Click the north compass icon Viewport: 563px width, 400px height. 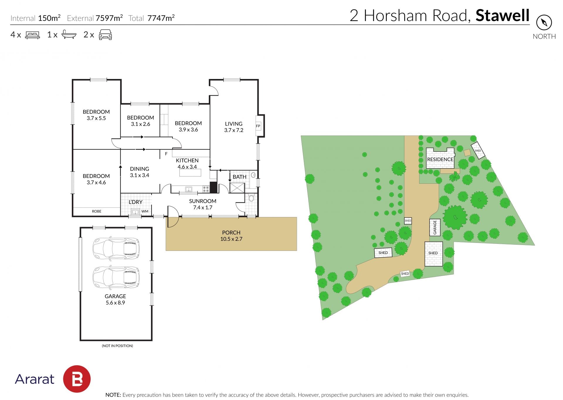[544, 23]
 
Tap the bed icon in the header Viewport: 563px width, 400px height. [33, 35]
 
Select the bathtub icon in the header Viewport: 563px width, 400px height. [69, 35]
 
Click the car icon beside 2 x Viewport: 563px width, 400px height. [105, 35]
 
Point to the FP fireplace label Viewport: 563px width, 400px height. [258, 126]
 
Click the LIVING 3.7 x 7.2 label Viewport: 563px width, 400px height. [234, 127]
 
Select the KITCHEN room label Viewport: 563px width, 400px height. [187, 160]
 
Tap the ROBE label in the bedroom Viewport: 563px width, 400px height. [97, 211]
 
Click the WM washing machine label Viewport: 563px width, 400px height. [145, 211]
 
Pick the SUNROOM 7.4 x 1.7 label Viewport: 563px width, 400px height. [203, 204]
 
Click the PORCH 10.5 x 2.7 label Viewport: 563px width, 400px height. [231, 236]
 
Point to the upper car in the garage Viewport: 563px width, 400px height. [116, 248]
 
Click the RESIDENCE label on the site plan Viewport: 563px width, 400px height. [440, 159]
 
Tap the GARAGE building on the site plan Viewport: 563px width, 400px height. [435, 227]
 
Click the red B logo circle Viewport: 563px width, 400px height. [77, 379]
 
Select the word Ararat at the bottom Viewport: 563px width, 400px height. [35, 379]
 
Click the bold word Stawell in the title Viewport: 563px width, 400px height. [503, 15]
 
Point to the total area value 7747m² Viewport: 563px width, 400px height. [161, 18]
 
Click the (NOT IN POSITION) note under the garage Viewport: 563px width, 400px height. [117, 346]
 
